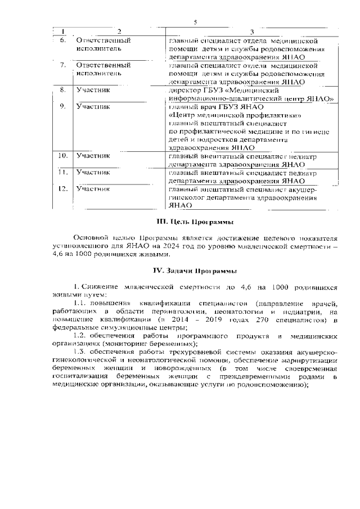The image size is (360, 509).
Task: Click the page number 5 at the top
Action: [x=195, y=22]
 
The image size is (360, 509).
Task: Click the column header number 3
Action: [x=251, y=31]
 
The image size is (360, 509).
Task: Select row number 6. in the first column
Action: [x=63, y=40]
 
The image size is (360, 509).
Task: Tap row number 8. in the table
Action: [x=63, y=89]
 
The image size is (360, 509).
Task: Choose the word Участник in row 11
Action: [x=93, y=172]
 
